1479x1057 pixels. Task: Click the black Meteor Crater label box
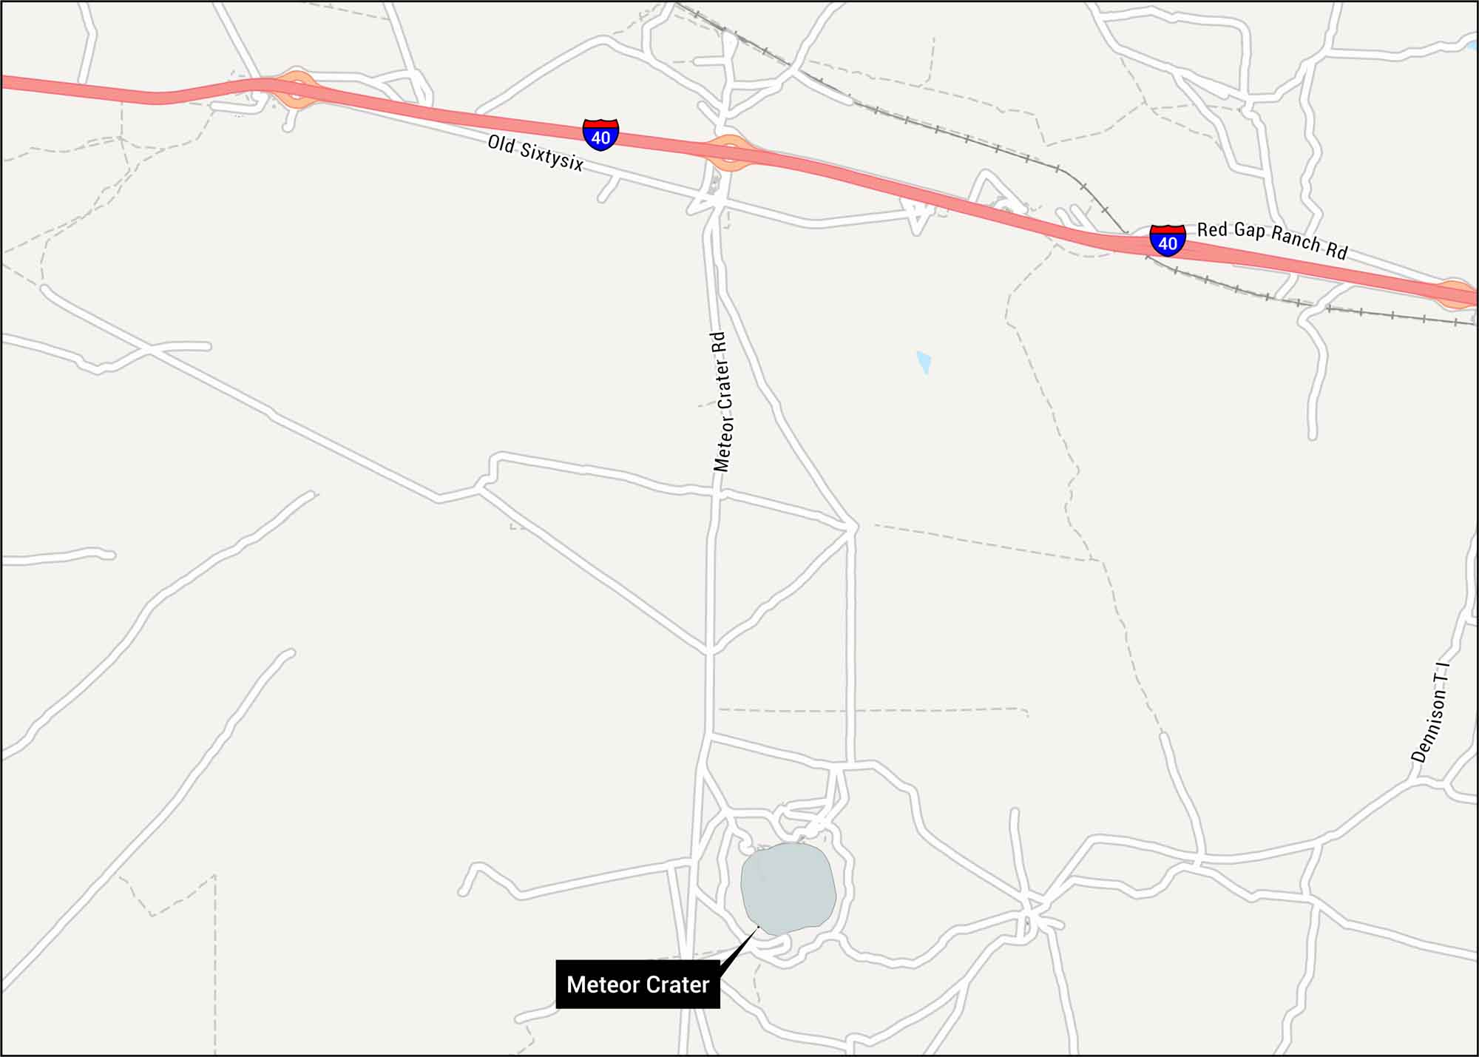click(637, 985)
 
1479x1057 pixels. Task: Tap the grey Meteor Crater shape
click(788, 888)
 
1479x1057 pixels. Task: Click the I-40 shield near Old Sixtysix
click(600, 135)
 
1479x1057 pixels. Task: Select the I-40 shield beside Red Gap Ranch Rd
click(1168, 240)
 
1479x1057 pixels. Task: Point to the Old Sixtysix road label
click(535, 153)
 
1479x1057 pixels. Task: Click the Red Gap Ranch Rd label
click(1272, 240)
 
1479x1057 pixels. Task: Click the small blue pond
click(923, 362)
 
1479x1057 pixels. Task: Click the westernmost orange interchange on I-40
click(297, 90)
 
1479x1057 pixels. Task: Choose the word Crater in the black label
click(676, 985)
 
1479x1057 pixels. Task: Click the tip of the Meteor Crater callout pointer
click(759, 926)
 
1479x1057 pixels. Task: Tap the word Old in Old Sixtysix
click(501, 143)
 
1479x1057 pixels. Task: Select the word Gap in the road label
click(1249, 234)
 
